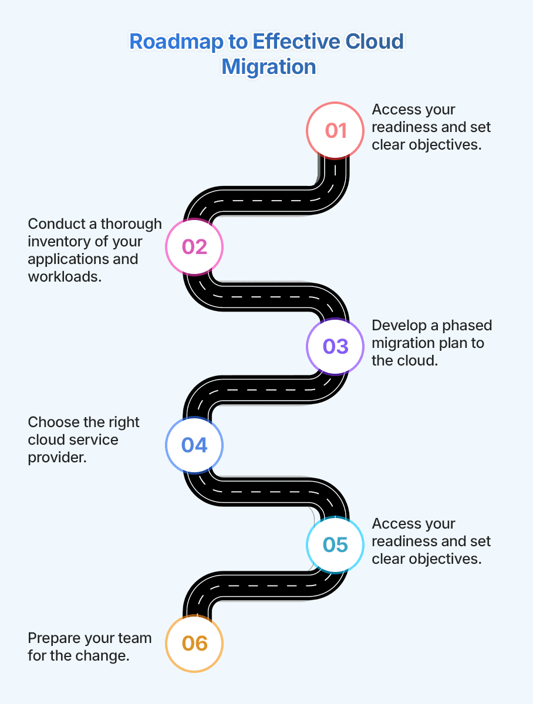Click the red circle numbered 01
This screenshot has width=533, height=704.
coord(336,130)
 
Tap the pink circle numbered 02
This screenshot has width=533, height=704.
coord(194,246)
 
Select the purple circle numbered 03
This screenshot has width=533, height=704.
coord(336,346)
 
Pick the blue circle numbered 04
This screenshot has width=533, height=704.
coord(194,445)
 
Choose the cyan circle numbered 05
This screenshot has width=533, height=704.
coord(336,544)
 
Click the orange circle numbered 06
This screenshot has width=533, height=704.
coord(194,643)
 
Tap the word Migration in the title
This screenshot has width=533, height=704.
coord(269,66)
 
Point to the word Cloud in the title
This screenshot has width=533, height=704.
coord(373,42)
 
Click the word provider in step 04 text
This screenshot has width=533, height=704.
coord(57,457)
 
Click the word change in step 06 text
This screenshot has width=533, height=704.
coord(107,655)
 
